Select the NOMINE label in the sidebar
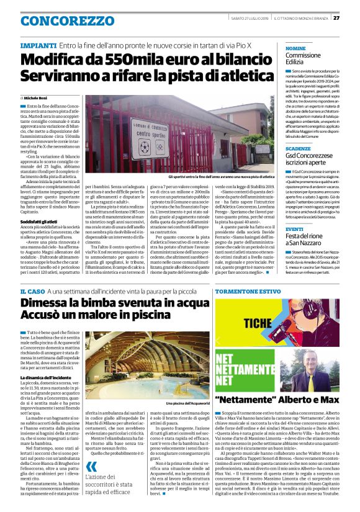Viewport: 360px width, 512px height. pos(295,48)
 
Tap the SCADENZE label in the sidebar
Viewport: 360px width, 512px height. pos(299,149)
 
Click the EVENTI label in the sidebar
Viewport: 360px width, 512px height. pos(295,229)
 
